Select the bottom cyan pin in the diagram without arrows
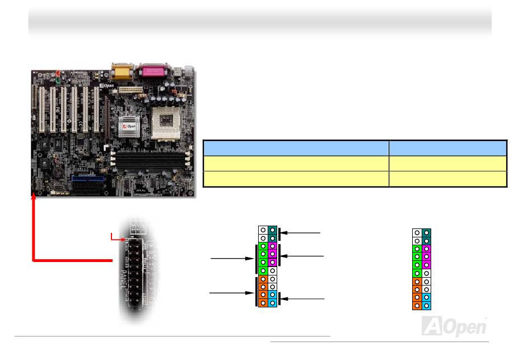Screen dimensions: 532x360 [x=426, y=306]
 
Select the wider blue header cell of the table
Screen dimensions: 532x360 [x=296, y=148]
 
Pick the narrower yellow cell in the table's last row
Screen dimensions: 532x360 [x=448, y=179]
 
